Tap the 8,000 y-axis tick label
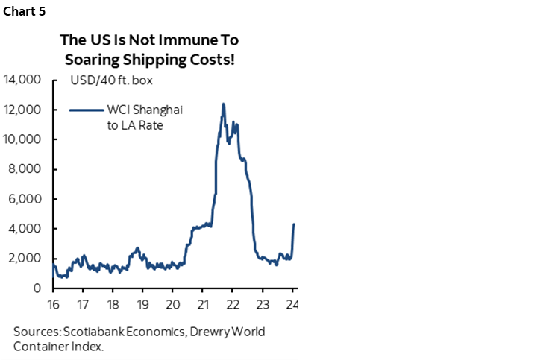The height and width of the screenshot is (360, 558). (x=28, y=169)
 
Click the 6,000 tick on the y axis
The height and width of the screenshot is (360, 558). (x=28, y=199)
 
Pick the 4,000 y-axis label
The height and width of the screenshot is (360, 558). (x=28, y=229)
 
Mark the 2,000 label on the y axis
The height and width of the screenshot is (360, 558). (x=28, y=259)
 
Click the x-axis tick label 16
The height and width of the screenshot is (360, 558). (x=54, y=304)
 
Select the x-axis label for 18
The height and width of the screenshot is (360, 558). (x=113, y=304)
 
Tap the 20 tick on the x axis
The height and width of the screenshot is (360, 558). (x=172, y=304)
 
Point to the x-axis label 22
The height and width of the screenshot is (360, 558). (x=232, y=304)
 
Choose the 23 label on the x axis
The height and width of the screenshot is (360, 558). (x=263, y=304)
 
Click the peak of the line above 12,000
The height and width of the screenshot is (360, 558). (x=223, y=104)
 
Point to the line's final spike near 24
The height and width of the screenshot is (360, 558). (x=294, y=224)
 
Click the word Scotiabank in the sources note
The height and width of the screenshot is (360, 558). (x=92, y=332)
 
